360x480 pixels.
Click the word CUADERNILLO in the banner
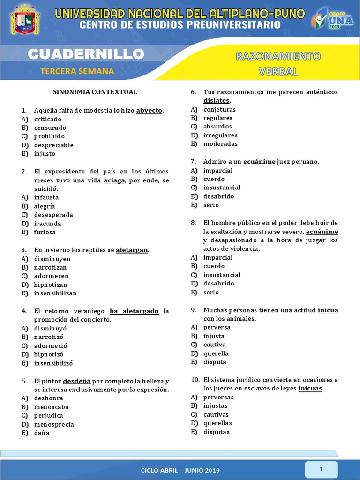point(85,54)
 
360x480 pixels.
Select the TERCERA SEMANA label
point(77,71)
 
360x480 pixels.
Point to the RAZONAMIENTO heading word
point(278,57)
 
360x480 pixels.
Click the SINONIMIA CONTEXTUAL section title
point(95,92)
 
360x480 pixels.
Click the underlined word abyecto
point(149,110)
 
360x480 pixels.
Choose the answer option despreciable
point(53,145)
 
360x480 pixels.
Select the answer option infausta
point(46,197)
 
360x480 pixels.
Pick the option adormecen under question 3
point(51,276)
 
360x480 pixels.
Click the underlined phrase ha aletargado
point(134,311)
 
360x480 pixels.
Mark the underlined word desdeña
point(77,381)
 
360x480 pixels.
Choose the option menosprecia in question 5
point(54,424)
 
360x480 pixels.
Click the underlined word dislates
point(217,100)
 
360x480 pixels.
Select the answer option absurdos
point(217,127)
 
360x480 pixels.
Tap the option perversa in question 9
point(217,327)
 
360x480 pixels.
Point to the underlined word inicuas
point(310,389)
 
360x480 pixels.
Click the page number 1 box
point(322,469)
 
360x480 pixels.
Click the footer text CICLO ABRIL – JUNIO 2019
point(180,470)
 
